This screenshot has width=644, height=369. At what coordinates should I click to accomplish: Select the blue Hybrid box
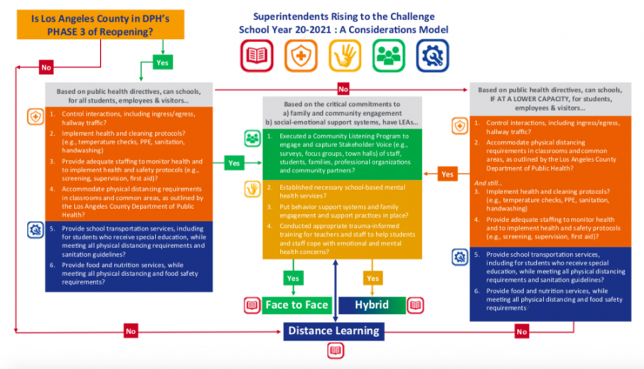(x=372, y=305)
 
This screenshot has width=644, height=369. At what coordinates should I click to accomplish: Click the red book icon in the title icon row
(x=258, y=57)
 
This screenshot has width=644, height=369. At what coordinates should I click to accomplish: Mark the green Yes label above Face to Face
(x=296, y=278)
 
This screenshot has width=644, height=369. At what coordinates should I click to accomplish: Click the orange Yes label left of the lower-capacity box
(x=446, y=174)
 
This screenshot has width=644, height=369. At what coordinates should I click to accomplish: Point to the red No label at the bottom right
(x=522, y=331)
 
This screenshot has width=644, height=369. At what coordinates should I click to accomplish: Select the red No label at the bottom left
(x=131, y=331)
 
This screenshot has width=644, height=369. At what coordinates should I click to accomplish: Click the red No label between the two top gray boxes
(x=342, y=89)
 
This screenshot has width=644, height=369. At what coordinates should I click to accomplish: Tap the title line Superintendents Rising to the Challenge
(x=337, y=16)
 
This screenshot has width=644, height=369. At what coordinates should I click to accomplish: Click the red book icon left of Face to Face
(x=252, y=305)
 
